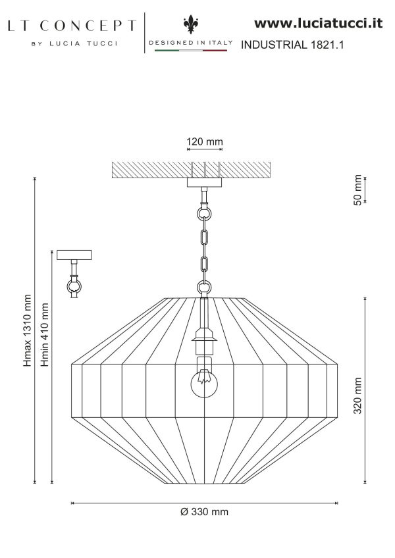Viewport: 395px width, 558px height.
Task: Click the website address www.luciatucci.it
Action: tap(318, 24)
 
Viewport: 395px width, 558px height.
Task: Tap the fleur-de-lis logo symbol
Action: tap(190, 26)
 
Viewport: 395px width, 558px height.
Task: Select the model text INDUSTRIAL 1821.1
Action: tap(294, 45)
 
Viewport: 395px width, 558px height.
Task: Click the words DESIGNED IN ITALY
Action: tap(190, 42)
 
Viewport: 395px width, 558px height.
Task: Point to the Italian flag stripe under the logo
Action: tap(190, 50)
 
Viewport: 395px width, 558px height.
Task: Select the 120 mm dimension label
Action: tap(205, 141)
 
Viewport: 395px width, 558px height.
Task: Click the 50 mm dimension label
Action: tap(358, 191)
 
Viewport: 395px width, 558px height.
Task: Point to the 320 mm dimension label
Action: tap(358, 395)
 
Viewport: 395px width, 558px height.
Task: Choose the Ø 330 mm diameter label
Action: tap(204, 512)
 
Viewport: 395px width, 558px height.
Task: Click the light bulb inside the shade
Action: tap(204, 384)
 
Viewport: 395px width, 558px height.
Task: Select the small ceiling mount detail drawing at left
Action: tap(74, 272)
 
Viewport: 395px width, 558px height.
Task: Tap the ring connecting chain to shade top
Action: tap(204, 288)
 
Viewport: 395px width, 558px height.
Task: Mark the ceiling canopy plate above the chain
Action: tap(204, 182)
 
